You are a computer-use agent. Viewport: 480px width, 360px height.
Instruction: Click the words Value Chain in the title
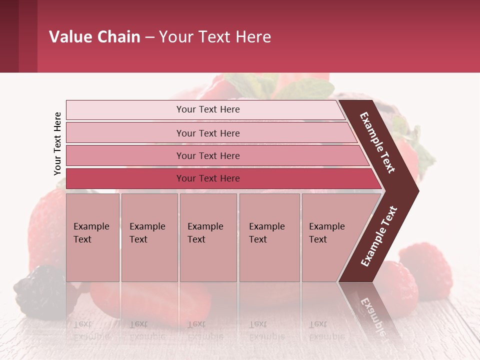click(x=94, y=37)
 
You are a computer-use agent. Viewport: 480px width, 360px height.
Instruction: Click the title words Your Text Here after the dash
click(x=215, y=37)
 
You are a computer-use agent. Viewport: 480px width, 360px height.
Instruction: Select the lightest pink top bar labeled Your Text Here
click(x=207, y=109)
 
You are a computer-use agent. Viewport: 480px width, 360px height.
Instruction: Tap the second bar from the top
click(x=207, y=133)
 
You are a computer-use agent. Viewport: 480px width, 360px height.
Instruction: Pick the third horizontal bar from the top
click(x=207, y=155)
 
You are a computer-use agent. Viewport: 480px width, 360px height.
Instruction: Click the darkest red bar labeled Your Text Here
click(x=207, y=178)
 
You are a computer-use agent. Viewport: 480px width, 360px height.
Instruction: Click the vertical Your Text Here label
click(x=57, y=143)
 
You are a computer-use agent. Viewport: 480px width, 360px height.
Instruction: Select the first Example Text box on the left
click(x=92, y=237)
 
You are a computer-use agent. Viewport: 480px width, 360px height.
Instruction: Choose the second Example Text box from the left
click(x=149, y=237)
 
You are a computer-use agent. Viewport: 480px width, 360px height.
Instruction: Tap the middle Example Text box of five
click(x=208, y=237)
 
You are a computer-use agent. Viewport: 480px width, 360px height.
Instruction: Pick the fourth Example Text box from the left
click(x=269, y=237)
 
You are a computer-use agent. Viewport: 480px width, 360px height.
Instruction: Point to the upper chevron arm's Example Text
click(x=378, y=142)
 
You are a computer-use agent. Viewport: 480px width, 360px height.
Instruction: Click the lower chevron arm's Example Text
click(x=378, y=236)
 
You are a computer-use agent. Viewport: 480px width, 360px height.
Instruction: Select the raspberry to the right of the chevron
click(x=425, y=272)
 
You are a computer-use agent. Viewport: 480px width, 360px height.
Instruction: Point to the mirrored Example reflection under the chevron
click(x=372, y=312)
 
